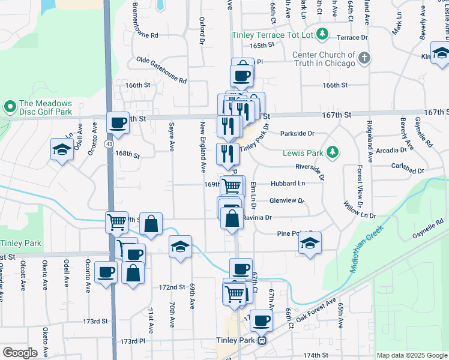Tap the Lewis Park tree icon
coord(334,153)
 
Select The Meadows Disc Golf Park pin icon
coord(10,107)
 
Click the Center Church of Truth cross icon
coord(363,58)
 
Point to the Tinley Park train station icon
coord(262,340)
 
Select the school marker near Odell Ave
coord(62,149)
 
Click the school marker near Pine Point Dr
coord(310,243)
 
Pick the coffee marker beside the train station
coord(261,321)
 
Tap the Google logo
coord(20,352)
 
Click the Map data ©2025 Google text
coord(411,355)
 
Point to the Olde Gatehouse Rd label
coord(161,69)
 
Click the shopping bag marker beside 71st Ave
coord(133,273)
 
